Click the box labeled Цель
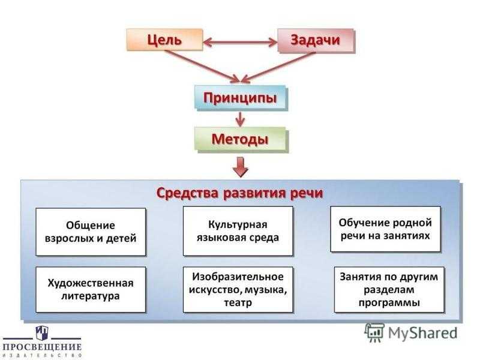point(164,40)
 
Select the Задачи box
point(316,40)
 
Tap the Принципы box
point(241,98)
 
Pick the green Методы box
point(241,140)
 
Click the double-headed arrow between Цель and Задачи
point(241,42)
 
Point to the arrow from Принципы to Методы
point(241,119)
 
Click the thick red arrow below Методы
point(241,167)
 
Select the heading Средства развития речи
point(239,193)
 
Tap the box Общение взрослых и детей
point(91,232)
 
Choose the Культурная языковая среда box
point(238,231)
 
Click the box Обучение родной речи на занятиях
point(385,229)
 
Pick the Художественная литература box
point(91,289)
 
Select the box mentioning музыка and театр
point(238,289)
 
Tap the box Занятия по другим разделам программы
point(389,289)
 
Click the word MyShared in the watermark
point(423,333)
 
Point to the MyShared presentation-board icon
point(374,332)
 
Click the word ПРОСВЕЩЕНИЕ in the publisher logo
point(42,347)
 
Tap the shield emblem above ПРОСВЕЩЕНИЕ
point(42,333)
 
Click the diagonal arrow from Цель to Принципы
point(202,67)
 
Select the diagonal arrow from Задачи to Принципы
point(278,67)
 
